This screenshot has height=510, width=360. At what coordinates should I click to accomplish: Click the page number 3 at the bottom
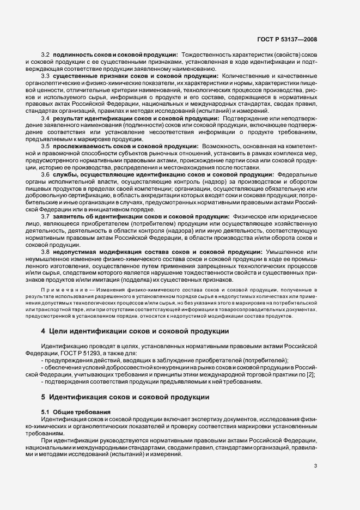[x=316, y=465]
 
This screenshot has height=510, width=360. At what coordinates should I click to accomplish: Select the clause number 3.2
[x=46, y=55]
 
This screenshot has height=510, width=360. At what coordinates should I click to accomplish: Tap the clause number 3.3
[x=46, y=76]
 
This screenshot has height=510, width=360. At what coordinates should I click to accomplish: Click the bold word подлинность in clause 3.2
[x=74, y=55]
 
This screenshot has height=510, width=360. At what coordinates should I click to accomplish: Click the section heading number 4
[x=43, y=331]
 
